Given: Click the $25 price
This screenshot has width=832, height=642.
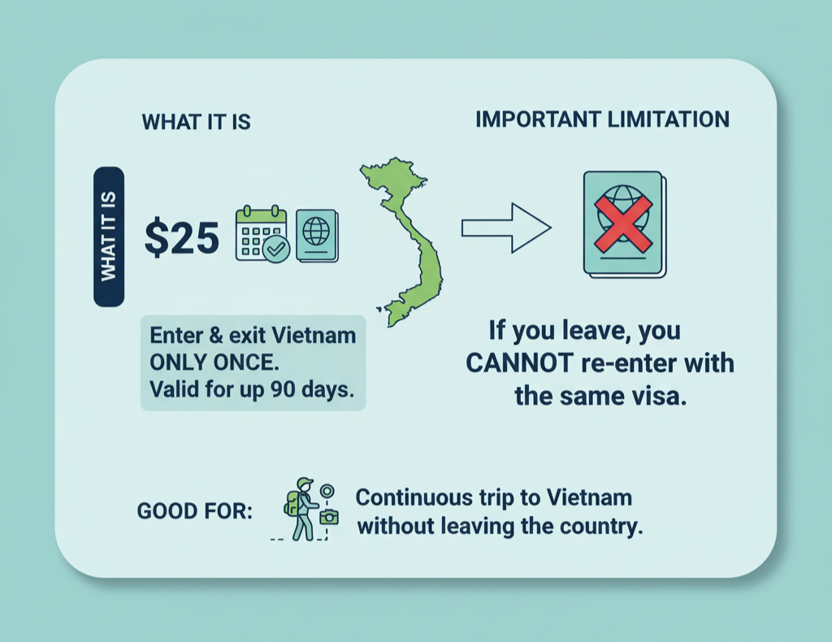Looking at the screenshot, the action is pos(181,237).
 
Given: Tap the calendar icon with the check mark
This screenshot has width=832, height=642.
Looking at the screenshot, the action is pos(262,233).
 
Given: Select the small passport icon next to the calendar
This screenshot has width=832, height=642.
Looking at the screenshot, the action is pos(318,235).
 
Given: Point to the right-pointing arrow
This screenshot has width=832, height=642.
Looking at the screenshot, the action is pos(506,228).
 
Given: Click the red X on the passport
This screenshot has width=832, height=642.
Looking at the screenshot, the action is pos(623,223).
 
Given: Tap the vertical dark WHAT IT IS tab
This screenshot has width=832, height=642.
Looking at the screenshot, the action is pos(109,236).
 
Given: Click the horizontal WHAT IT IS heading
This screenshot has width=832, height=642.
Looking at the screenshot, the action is pos(197,122).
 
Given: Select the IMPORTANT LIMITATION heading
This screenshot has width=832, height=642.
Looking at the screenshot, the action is pos(602,119).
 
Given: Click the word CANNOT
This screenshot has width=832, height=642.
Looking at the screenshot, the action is pos(519,363).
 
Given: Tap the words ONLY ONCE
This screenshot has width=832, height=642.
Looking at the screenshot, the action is pos(214,362).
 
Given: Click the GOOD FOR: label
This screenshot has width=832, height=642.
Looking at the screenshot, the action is pos(195,511).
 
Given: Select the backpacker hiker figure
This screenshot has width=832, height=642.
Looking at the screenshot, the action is pos(301,510).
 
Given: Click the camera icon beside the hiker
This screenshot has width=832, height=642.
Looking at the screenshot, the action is pos(329,516).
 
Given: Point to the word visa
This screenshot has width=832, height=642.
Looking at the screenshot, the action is pos(663,396).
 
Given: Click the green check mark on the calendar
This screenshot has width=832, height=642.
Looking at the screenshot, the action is pos(276,249).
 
